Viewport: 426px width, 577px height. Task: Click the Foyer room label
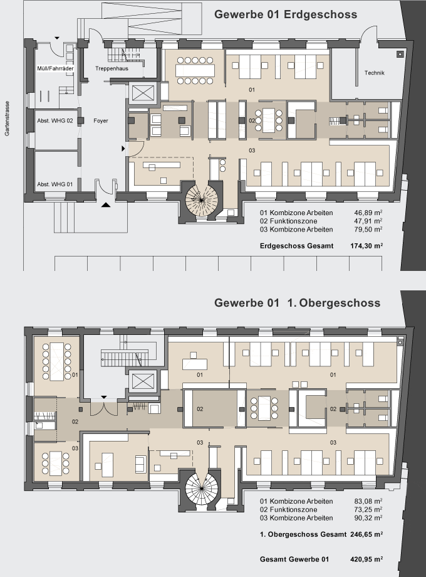[101, 120]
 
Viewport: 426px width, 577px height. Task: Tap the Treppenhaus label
[112, 68]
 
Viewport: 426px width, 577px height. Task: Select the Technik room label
[374, 73]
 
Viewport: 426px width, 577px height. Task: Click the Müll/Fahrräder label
[56, 68]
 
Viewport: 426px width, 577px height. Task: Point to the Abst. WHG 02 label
[55, 120]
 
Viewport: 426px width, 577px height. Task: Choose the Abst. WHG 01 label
[55, 184]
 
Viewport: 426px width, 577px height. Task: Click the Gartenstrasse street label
[7, 119]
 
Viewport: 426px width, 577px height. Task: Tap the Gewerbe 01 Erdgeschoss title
[286, 14]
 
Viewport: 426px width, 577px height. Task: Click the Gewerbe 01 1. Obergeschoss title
[298, 303]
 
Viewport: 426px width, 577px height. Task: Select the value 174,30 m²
[366, 246]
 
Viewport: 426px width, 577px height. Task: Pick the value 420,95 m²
[366, 559]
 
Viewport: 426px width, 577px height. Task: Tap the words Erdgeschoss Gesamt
[296, 246]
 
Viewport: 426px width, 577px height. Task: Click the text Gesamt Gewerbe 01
[294, 559]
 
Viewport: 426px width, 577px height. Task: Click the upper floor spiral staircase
[201, 488]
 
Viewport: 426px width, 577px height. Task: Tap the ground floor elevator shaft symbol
[143, 93]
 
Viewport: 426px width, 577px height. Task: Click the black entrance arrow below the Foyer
[106, 205]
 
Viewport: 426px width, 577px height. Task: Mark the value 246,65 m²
[366, 534]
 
